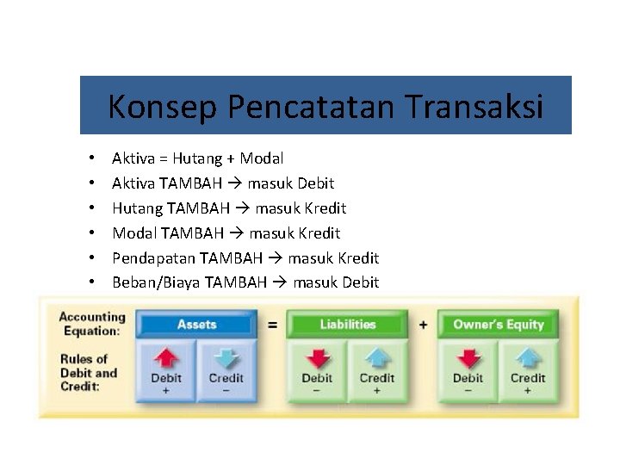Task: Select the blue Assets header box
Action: pyautogui.click(x=196, y=325)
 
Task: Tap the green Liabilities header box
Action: pyautogui.click(x=348, y=325)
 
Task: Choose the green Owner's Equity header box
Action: pyautogui.click(x=499, y=325)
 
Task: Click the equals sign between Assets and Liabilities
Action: pyautogui.click(x=272, y=325)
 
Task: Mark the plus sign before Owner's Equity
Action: pyautogui.click(x=423, y=325)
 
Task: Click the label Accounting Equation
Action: pyautogui.click(x=91, y=324)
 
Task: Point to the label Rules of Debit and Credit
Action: pyautogui.click(x=88, y=373)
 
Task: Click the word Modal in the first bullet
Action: pyautogui.click(x=262, y=158)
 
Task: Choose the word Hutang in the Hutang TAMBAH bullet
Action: pyautogui.click(x=135, y=208)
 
